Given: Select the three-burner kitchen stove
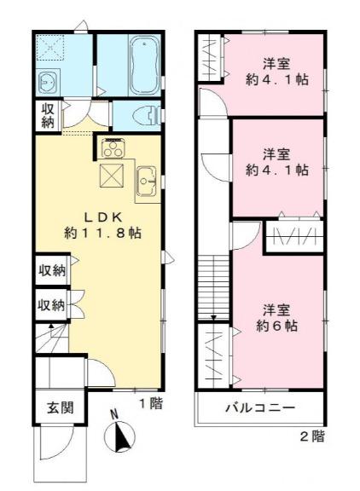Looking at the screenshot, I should coord(113,148).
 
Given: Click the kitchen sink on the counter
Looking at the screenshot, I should coord(146,179).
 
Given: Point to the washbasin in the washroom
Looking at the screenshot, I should coord(47,82).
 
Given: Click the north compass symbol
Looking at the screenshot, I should coord(120,438).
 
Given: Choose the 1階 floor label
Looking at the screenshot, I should coord(150,404).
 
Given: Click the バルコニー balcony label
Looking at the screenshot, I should coord(260,408).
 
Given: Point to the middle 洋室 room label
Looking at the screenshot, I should coord(275,153).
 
